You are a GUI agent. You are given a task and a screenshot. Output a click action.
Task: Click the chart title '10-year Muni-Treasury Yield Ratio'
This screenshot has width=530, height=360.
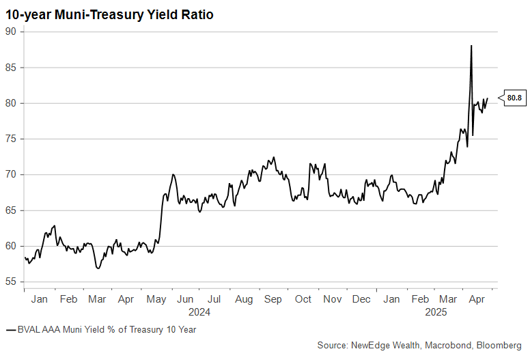click(109, 14)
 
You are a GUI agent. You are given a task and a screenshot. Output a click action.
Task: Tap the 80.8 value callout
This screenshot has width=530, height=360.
click(514, 98)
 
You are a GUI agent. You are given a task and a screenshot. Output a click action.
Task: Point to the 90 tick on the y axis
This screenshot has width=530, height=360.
click(11, 31)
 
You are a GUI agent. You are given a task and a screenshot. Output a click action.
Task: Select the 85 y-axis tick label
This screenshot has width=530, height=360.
click(11, 68)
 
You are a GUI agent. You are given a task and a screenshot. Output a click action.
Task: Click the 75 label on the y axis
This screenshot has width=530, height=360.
click(11, 139)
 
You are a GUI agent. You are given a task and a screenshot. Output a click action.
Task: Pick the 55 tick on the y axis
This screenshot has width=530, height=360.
click(11, 282)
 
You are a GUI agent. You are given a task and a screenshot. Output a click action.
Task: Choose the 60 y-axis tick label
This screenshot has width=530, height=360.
click(11, 246)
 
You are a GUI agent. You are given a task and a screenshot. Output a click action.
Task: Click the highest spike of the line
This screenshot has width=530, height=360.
click(471, 46)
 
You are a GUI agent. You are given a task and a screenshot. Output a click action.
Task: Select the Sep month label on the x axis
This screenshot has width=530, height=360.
click(273, 299)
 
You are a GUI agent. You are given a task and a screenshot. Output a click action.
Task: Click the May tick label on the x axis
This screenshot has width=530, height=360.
click(156, 299)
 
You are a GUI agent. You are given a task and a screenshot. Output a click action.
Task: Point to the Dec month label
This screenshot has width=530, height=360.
click(361, 299)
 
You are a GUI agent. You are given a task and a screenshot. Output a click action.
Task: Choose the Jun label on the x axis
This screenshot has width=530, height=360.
click(185, 299)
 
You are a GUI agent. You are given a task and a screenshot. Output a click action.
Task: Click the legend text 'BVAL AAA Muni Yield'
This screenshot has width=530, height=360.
click(61, 330)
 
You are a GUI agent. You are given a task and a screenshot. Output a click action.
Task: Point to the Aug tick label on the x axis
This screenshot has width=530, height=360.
click(243, 299)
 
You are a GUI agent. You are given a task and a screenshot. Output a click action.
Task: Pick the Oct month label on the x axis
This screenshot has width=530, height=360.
click(303, 299)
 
